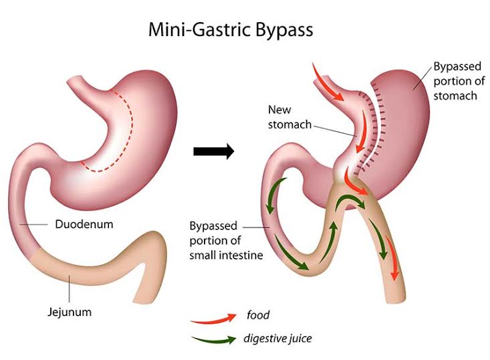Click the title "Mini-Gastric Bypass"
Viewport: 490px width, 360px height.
pyautogui.click(x=231, y=30)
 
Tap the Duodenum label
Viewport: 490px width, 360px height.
pyautogui.click(x=84, y=224)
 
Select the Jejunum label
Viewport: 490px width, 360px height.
pyautogui.click(x=70, y=312)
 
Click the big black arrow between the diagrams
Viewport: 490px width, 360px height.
pyautogui.click(x=214, y=151)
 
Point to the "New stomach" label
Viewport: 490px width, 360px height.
pyautogui.click(x=289, y=117)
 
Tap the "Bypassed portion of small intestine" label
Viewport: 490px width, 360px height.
pyautogui.click(x=226, y=240)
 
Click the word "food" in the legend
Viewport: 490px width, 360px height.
pyautogui.click(x=258, y=314)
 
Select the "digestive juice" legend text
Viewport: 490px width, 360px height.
pyautogui.click(x=277, y=339)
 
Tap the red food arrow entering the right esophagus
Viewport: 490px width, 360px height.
pyautogui.click(x=327, y=82)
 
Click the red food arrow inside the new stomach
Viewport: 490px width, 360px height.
pyautogui.click(x=362, y=130)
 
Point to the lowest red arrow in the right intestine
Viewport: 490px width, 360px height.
pyautogui.click(x=392, y=258)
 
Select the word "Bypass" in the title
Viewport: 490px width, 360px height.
pyautogui.click(x=283, y=30)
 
